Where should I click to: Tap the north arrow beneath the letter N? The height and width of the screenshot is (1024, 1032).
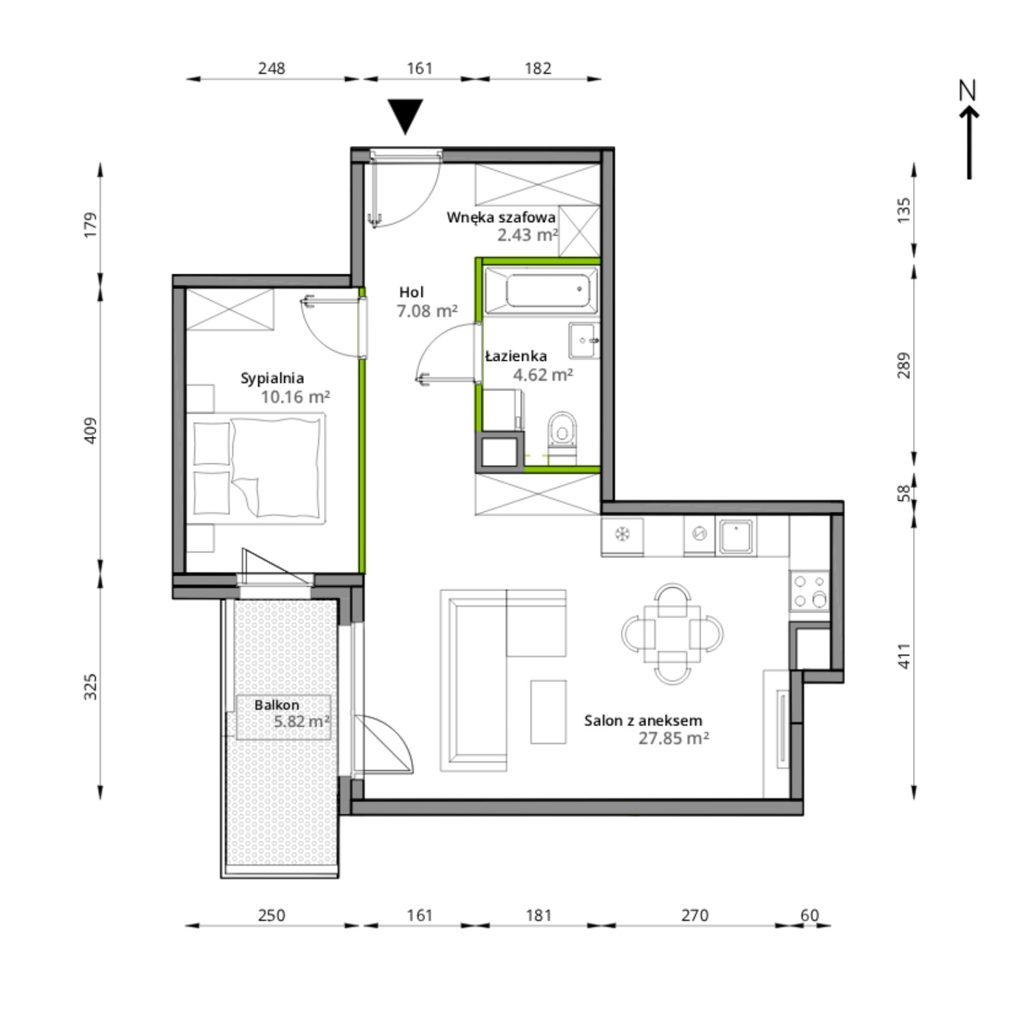[969, 142]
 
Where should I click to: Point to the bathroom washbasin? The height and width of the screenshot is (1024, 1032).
[584, 341]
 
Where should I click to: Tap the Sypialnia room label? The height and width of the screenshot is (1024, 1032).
[272, 379]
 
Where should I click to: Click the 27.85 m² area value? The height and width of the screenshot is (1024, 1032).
[674, 738]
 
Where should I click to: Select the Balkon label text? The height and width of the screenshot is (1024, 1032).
[276, 705]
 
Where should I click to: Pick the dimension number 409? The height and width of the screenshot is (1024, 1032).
[91, 430]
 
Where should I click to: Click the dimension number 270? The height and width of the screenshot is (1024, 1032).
[695, 916]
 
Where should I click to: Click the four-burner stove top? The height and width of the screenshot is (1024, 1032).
[809, 591]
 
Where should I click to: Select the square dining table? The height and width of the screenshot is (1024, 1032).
[672, 634]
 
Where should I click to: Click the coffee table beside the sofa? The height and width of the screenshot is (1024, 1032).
[549, 712]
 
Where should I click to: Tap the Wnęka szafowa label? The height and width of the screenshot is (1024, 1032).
[501, 218]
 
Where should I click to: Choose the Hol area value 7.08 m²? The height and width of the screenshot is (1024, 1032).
[427, 311]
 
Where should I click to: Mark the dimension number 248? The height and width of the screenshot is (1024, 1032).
[272, 68]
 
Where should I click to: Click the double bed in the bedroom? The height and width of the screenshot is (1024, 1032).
[256, 468]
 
